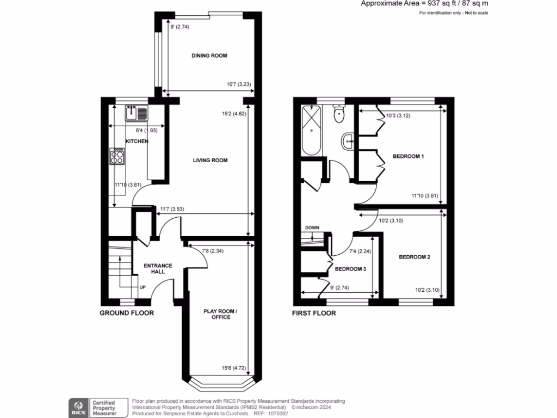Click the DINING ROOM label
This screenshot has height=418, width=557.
pyautogui.click(x=209, y=56)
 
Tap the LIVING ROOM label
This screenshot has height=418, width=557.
pyautogui.click(x=210, y=160)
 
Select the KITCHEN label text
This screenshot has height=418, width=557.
pyautogui.click(x=137, y=142)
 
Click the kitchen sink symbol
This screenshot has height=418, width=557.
pyautogui.click(x=137, y=113)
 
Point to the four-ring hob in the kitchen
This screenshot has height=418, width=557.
pyautogui.click(x=117, y=157)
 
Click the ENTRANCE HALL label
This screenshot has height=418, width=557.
pyautogui.click(x=158, y=268)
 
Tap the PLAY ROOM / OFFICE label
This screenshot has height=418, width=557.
pyautogui.click(x=217, y=314)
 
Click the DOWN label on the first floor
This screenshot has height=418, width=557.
pyautogui.click(x=312, y=228)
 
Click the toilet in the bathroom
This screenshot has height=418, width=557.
pyautogui.click(x=339, y=113)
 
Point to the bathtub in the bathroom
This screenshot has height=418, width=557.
pyautogui.click(x=312, y=130)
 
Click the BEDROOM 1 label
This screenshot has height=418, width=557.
pyautogui.click(x=408, y=157)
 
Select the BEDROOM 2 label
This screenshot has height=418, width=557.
pyautogui.click(x=414, y=257)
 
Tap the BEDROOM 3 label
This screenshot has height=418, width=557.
pyautogui.click(x=350, y=269)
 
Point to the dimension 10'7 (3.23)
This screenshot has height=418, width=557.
pyautogui.click(x=238, y=84)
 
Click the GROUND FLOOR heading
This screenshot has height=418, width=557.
pyautogui.click(x=127, y=313)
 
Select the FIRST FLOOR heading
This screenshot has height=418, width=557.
pyautogui.click(x=314, y=313)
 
